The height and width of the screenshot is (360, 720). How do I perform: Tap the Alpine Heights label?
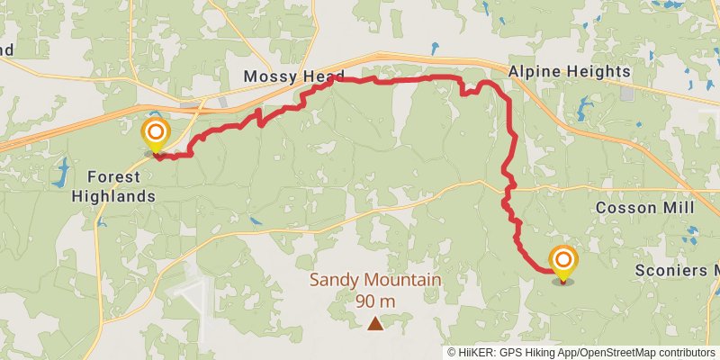tap(569, 71)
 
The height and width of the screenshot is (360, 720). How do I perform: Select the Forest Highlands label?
tap(121, 187)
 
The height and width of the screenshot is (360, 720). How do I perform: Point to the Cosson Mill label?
tap(645, 208)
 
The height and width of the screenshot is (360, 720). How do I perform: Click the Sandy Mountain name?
tap(375, 280)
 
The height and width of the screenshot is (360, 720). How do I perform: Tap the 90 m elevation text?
tap(374, 301)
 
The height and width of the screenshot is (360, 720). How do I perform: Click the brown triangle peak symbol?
tap(374, 322)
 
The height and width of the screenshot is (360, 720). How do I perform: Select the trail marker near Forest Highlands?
tap(155, 134)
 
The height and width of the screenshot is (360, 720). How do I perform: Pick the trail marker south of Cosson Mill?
tap(563, 262)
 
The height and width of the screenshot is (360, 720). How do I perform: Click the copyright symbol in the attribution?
tap(453, 353)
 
